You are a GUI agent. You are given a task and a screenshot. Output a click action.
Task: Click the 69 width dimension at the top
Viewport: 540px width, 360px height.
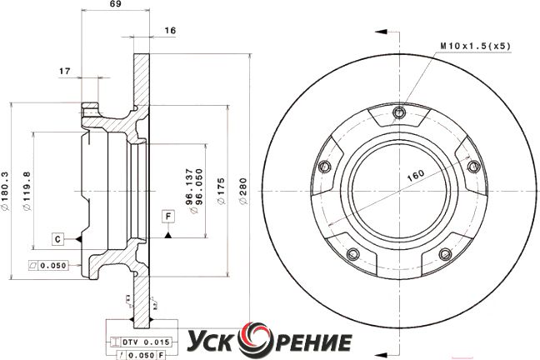click(116, 4)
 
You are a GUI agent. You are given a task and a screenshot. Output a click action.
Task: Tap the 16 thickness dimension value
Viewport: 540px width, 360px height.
click(170, 30)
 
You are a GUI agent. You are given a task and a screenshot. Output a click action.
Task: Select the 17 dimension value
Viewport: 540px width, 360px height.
click(64, 71)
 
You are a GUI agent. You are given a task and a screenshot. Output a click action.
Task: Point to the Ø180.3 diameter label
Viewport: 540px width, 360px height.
click(4, 191)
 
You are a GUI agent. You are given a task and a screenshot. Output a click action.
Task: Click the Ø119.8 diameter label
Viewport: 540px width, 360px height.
click(27, 191)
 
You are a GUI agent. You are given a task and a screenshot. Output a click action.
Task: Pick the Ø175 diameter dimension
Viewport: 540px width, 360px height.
click(221, 191)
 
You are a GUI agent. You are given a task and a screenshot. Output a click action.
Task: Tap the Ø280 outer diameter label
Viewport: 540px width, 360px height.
click(243, 191)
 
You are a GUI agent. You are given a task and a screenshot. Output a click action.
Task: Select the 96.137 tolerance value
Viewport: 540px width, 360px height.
click(189, 187)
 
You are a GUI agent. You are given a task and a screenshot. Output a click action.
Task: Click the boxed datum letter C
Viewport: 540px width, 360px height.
click(57, 238)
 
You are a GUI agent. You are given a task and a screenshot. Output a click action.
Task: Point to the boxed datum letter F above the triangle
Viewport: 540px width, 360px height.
click(168, 217)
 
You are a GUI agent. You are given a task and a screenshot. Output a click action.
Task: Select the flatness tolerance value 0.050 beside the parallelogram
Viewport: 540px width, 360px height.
click(53, 265)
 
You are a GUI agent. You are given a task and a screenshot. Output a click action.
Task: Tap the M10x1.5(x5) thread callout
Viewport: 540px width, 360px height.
click(475, 46)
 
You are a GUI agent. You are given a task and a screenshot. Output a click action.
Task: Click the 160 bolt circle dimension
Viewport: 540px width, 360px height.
click(416, 176)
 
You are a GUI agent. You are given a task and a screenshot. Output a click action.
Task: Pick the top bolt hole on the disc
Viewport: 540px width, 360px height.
click(399, 112)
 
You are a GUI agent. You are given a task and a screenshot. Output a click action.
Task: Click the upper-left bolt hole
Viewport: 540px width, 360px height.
click(324, 167)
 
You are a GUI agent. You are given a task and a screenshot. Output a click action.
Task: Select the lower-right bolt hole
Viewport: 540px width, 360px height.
click(445, 254)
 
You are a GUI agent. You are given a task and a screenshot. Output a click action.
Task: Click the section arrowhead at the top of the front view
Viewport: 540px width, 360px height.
click(381, 32)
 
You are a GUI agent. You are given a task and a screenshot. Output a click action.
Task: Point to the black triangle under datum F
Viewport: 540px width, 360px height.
click(168, 235)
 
